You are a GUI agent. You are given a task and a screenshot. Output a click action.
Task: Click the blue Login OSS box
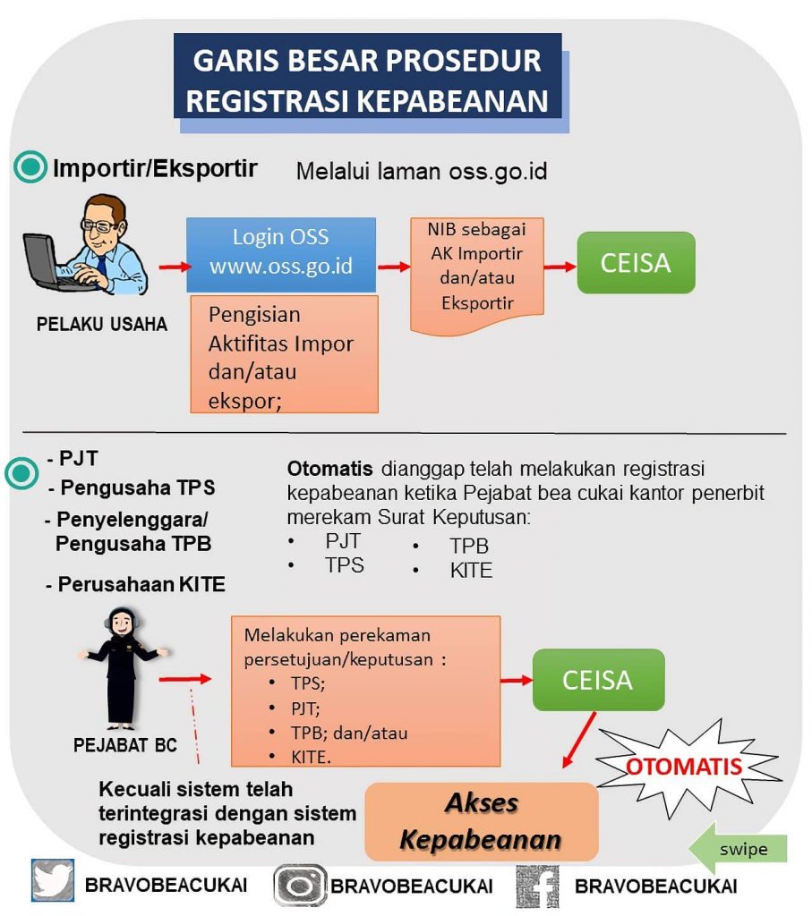tap(281, 253)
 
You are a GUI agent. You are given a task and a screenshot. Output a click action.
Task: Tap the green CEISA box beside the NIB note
tap(636, 262)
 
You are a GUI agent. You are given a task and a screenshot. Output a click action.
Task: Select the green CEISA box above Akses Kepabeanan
tap(598, 680)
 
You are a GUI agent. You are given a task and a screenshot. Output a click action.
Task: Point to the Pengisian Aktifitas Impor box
tap(284, 355)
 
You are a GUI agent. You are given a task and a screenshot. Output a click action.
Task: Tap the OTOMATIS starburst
tap(684, 767)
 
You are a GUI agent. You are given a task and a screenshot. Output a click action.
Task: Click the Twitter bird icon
tap(53, 880)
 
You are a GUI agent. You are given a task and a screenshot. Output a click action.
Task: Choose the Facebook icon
tap(537, 886)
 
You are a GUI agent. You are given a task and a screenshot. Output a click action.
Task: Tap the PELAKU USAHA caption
tap(102, 324)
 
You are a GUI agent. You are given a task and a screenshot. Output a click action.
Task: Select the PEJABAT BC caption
tap(126, 744)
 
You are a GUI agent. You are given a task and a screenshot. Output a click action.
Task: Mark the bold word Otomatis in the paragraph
tap(329, 469)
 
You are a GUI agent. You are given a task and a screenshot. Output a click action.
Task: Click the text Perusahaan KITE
tap(141, 585)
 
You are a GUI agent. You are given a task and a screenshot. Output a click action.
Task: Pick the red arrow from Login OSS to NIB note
tap(394, 266)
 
